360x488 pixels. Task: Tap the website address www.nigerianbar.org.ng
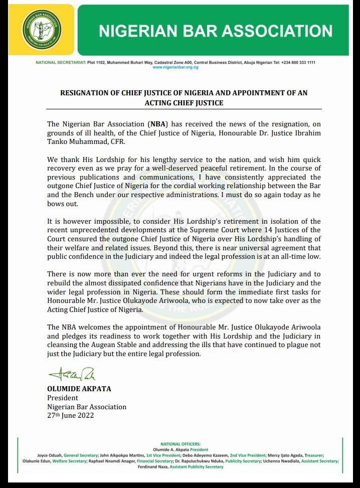(175, 67)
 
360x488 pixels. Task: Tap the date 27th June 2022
(70, 415)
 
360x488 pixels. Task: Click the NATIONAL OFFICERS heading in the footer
(180, 444)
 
